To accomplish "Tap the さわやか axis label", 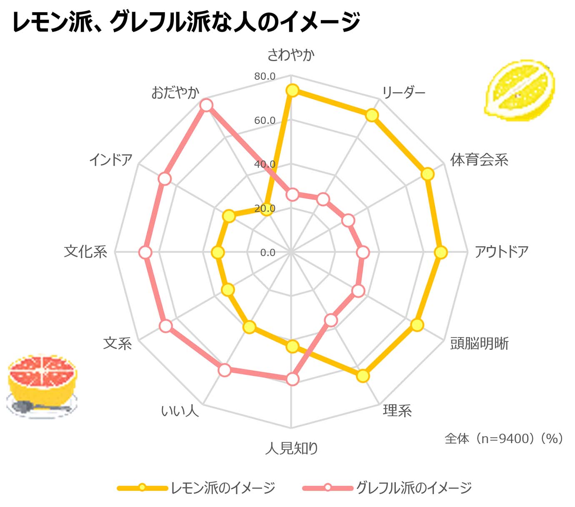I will pyautogui.click(x=291, y=55).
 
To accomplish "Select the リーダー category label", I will pyautogui.click(x=403, y=92).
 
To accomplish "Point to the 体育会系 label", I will pyautogui.click(x=479, y=160).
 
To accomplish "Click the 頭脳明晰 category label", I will pyautogui.click(x=479, y=344).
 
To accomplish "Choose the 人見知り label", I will pyautogui.click(x=292, y=448).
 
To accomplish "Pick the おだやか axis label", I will pyautogui.click(x=175, y=92).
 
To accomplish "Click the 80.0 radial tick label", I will pyautogui.click(x=265, y=76).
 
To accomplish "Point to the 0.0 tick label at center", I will pyautogui.click(x=267, y=253).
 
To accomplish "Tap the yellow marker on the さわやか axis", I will pyautogui.click(x=292, y=90).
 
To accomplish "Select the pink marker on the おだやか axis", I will pyautogui.click(x=206, y=105).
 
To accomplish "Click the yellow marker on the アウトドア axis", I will pyautogui.click(x=440, y=252).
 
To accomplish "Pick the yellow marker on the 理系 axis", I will pyautogui.click(x=363, y=376).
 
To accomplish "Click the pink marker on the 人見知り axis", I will pyautogui.click(x=292, y=379).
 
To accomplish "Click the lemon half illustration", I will pyautogui.click(x=520, y=90).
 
